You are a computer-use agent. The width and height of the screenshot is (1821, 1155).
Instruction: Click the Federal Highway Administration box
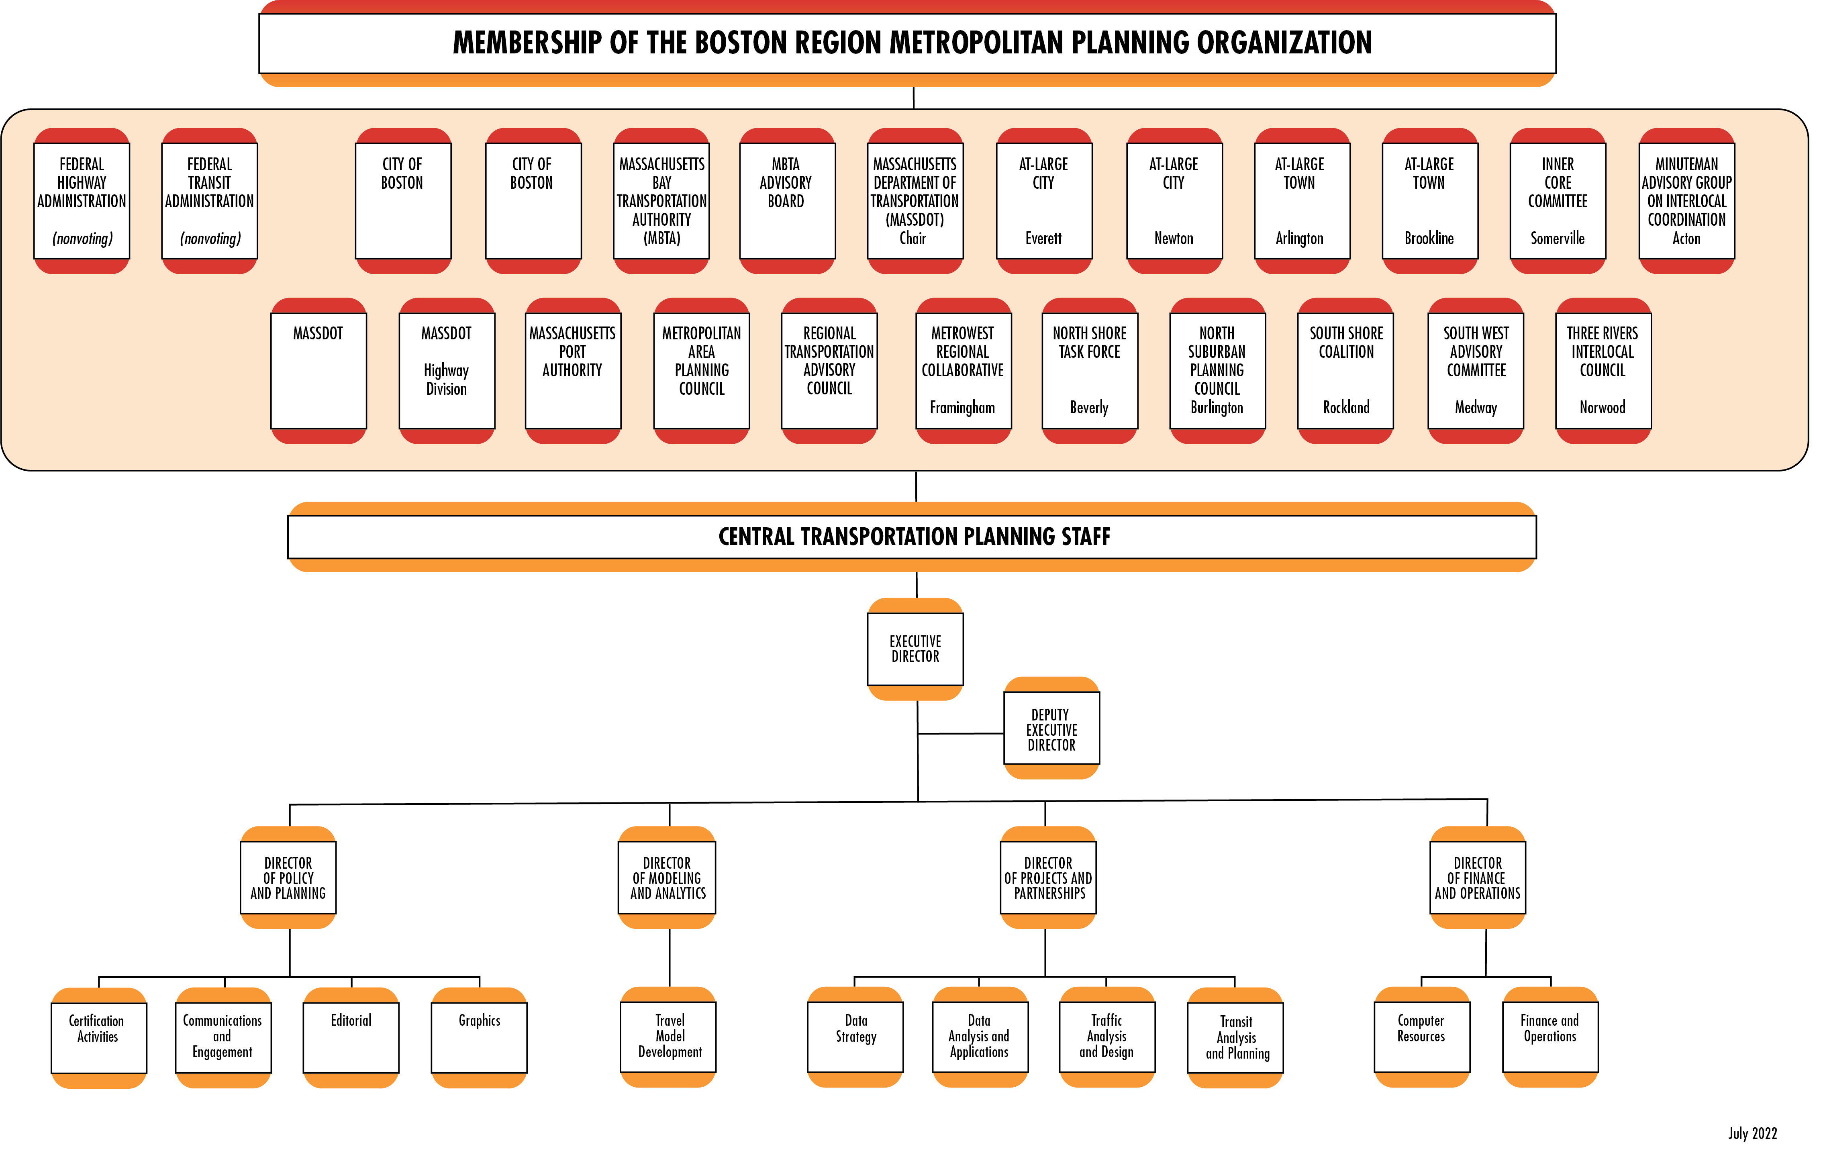pyautogui.click(x=82, y=200)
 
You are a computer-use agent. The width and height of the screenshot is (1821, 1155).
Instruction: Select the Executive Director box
pyautogui.click(x=915, y=649)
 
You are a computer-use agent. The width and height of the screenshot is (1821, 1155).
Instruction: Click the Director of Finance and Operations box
pyautogui.click(x=1477, y=877)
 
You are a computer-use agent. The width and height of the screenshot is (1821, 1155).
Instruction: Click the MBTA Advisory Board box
pyautogui.click(x=786, y=200)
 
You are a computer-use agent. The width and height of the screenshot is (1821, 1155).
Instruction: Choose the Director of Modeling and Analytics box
pyautogui.click(x=667, y=877)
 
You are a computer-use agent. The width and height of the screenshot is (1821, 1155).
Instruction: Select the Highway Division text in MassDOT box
pyautogui.click(x=446, y=380)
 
